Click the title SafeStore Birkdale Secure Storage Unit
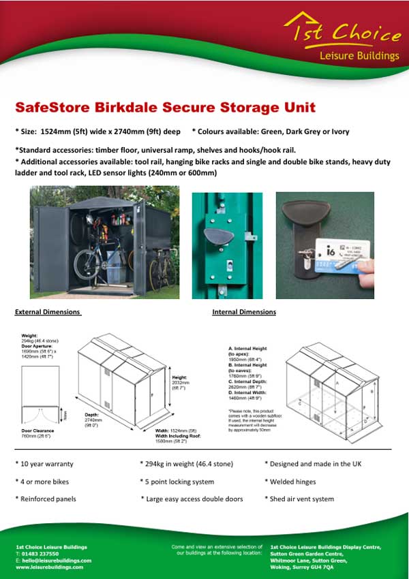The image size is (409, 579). [165, 108]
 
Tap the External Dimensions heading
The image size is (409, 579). [48, 312]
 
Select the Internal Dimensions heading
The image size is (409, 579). [244, 312]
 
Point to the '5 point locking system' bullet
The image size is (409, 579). [177, 482]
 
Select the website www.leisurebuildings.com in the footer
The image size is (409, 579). [49, 567]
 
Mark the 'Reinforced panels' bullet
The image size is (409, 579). [46, 499]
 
